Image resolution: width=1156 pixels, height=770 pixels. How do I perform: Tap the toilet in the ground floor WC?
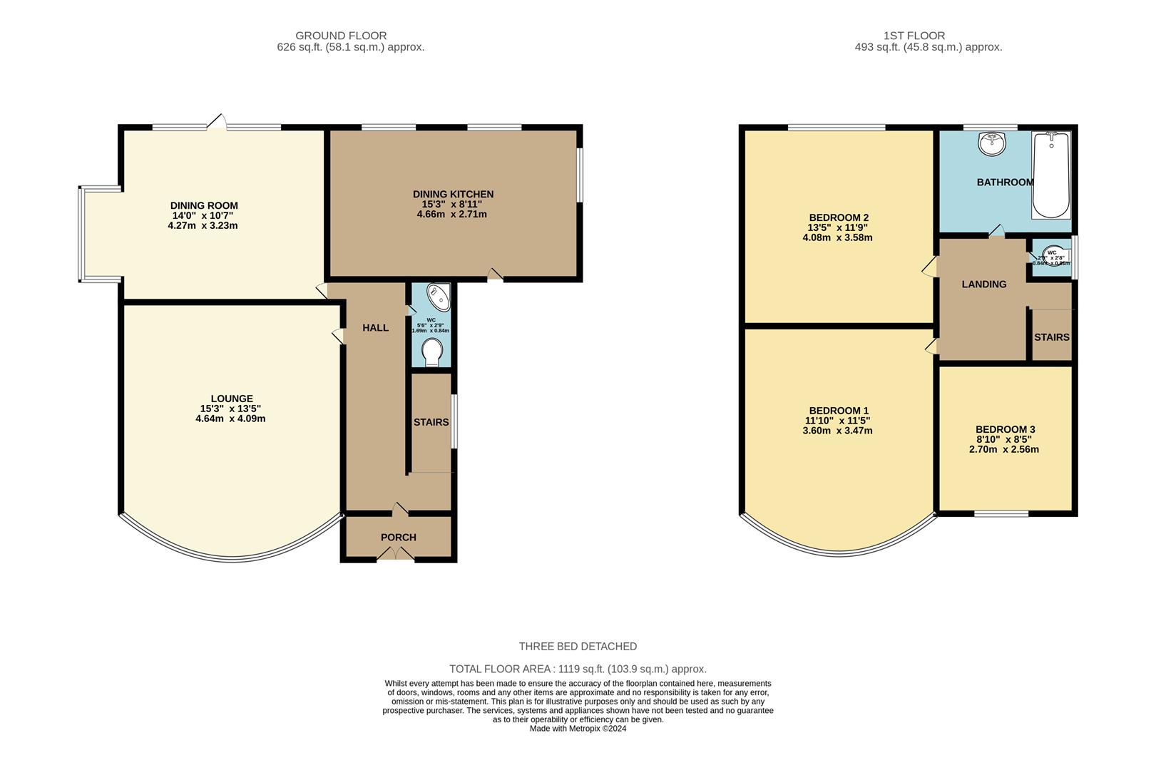432,352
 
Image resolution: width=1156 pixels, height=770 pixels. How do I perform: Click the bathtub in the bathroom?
1051,175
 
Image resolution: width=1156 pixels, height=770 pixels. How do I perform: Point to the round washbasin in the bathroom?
992,144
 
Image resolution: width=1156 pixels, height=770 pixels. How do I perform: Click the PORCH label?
398,538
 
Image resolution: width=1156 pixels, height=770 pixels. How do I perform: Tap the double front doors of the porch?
395,558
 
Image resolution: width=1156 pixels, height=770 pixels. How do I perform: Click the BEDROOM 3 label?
1005,429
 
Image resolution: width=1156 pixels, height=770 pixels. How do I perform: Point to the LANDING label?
983,284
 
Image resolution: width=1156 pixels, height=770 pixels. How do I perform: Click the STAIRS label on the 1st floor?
1051,337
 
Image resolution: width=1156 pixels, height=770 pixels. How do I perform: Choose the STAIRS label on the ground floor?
431,422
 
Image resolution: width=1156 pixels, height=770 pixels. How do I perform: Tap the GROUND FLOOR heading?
341,36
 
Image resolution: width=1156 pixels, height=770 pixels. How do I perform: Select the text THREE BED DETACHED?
578,647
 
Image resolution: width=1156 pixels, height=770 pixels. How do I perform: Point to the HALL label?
375,328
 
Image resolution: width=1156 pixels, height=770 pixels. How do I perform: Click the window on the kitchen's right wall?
579,175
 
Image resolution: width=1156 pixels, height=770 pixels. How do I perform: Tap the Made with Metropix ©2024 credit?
578,729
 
